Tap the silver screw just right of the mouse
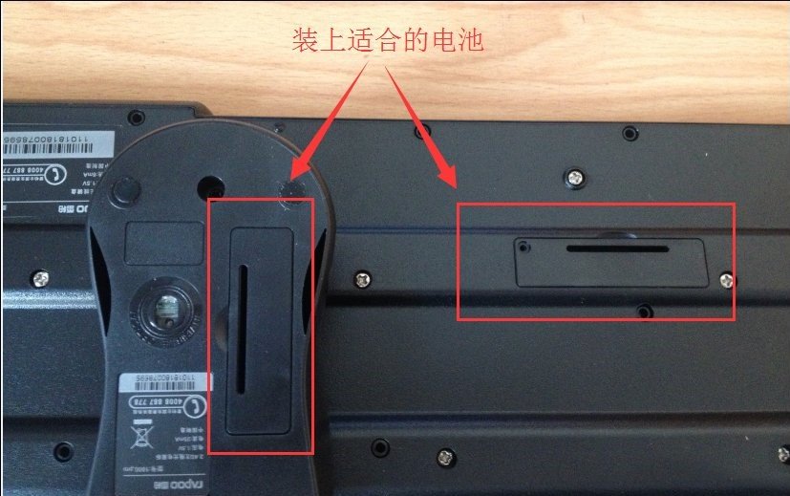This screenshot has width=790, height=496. (362, 278)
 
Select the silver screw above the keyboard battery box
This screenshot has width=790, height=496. (576, 176)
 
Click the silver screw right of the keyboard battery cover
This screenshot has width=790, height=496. (726, 279)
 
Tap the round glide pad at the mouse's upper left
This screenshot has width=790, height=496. (123, 192)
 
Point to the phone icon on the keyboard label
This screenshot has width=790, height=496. (60, 174)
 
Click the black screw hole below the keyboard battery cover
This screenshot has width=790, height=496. (646, 311)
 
